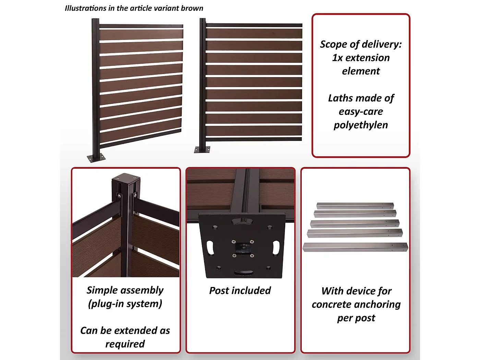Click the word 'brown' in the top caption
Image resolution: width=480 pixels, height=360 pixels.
coord(192,8)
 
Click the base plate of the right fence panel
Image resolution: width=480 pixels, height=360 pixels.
coord(202,149)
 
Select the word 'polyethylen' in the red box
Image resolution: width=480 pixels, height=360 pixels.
coord(361,125)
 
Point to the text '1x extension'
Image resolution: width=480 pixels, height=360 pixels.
coord(361,58)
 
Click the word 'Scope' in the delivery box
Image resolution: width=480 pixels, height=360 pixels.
coord(333,44)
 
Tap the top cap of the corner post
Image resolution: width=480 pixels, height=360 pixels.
coord(126,179)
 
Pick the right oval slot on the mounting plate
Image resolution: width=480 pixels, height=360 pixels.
coord(276,248)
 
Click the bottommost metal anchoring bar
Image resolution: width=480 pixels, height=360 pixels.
coord(355,247)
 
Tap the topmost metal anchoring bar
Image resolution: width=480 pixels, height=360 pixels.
coord(355,205)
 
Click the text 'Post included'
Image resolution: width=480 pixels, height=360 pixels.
coord(240,291)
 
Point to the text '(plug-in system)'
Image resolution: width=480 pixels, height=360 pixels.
coord(125,304)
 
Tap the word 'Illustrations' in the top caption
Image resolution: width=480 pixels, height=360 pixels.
coord(85,8)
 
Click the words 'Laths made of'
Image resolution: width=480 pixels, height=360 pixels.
coord(361,98)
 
